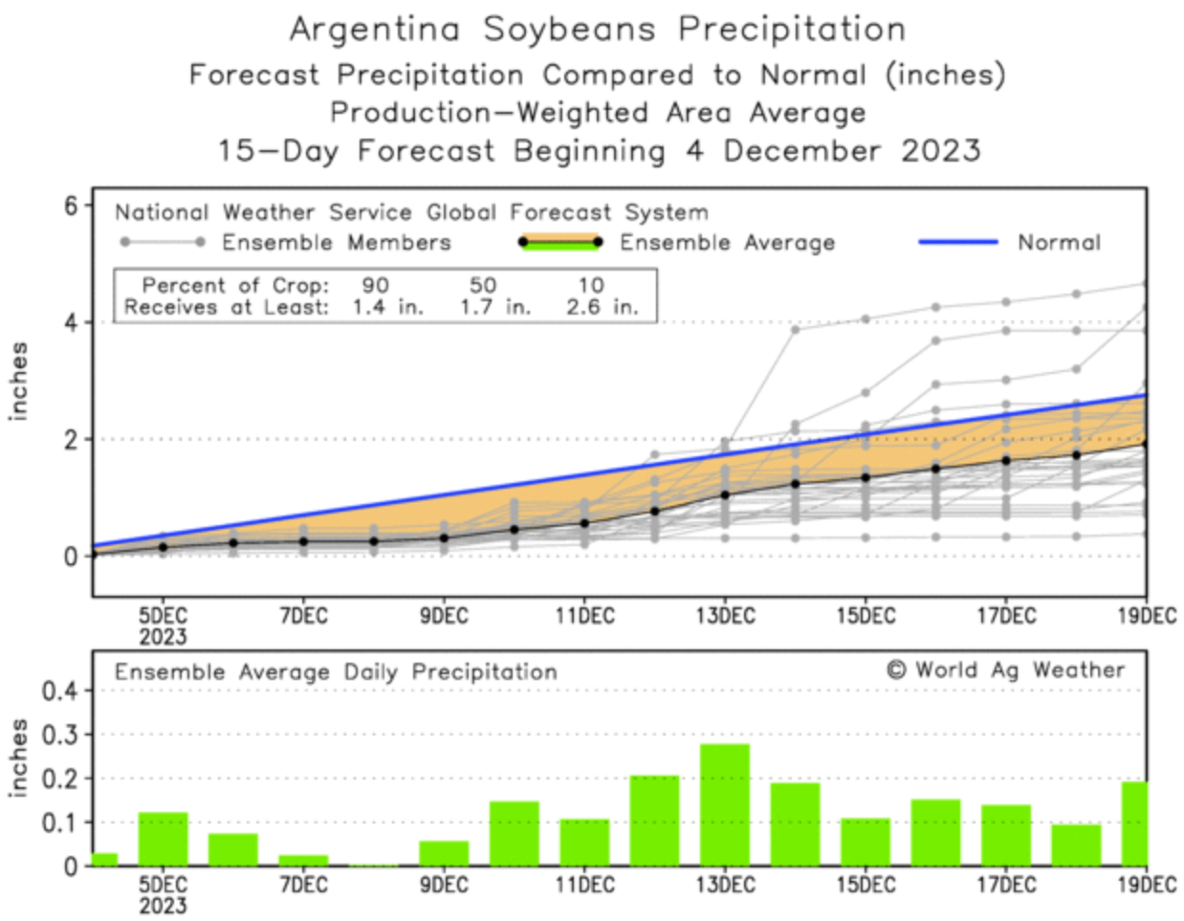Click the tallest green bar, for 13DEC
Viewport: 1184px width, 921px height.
(725, 804)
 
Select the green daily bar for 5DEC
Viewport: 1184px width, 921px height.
(163, 839)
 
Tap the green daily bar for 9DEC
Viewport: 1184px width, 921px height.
(444, 853)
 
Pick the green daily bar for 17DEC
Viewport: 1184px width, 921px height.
(1006, 835)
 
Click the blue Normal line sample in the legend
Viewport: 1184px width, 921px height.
(957, 243)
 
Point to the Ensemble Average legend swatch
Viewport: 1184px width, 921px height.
(560, 243)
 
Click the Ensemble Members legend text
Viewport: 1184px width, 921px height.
(336, 243)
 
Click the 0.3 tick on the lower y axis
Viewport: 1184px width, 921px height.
(59, 735)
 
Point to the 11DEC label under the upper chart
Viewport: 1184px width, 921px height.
(584, 616)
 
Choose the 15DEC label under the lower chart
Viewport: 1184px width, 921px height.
(866, 885)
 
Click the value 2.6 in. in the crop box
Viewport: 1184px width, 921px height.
(601, 307)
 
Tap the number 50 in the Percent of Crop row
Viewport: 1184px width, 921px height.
(483, 285)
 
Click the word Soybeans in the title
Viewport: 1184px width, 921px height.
(569, 29)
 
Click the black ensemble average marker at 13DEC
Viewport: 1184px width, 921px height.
(725, 495)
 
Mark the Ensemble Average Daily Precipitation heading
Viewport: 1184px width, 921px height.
(336, 671)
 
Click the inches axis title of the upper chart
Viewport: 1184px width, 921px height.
(19, 381)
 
